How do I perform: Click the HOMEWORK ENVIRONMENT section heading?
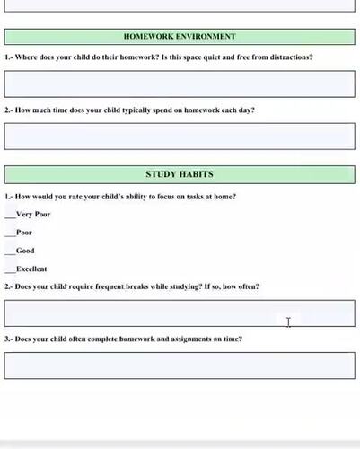coord(180,37)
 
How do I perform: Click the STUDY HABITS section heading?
coord(180,173)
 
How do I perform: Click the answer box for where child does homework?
coord(180,84)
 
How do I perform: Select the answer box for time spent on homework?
coord(180,136)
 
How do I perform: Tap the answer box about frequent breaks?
coord(180,313)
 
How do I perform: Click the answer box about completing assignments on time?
coord(180,365)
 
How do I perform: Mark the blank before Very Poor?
coord(10,216)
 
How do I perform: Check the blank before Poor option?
coord(10,233)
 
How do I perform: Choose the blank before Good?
coord(10,251)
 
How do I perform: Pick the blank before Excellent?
coord(10,269)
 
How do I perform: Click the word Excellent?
coord(31,269)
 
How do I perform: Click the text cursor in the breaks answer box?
coord(288,321)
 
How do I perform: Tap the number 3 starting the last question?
coord(7,339)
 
